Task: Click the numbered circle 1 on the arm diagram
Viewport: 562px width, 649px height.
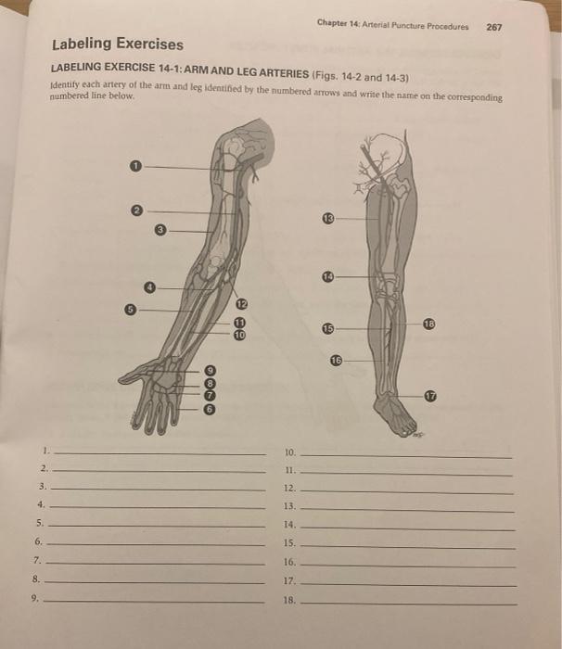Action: (135, 166)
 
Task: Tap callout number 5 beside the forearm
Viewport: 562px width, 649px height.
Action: (130, 309)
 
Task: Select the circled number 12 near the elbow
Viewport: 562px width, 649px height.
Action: (241, 304)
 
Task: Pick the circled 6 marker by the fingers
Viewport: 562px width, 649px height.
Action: (210, 410)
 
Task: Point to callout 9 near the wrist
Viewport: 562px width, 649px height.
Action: (211, 370)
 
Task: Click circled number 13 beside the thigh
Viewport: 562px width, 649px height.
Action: (328, 218)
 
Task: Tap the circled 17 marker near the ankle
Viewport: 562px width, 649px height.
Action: (430, 396)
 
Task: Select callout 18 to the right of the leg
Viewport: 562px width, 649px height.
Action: (429, 324)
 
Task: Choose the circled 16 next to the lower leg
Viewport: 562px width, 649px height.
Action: (337, 361)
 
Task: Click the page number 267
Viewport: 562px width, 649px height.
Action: (494, 27)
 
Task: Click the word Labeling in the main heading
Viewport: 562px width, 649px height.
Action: (82, 44)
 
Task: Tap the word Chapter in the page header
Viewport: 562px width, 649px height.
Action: (332, 22)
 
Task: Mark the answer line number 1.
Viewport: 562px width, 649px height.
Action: (160, 454)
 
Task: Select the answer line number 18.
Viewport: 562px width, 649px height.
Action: (409, 604)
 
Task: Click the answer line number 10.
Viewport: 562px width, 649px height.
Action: (406, 456)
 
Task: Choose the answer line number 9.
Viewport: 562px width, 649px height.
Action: (154, 601)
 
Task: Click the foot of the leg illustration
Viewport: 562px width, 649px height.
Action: (393, 416)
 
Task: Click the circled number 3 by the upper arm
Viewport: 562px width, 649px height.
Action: (160, 230)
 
